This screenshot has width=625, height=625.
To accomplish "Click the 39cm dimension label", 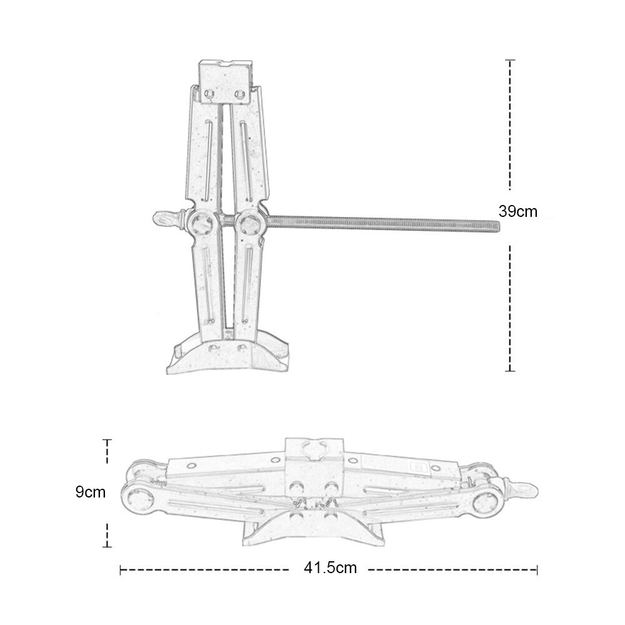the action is (x=517, y=211).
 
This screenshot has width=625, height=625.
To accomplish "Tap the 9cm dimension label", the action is (x=91, y=492).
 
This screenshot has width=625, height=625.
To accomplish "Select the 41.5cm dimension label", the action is (x=331, y=567).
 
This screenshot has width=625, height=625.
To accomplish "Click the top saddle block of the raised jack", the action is (x=226, y=82).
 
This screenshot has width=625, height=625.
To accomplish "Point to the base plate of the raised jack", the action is (x=227, y=357).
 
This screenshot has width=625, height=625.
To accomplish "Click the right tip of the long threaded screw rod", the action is (x=499, y=226).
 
